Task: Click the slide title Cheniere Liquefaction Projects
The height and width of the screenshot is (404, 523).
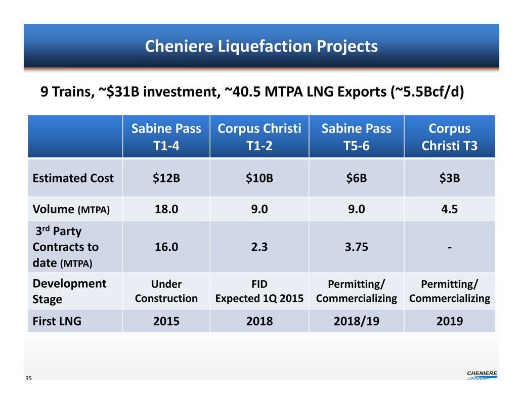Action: click(261, 47)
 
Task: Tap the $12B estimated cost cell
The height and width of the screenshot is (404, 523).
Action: click(166, 178)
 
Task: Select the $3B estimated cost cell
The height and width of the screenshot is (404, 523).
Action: click(450, 178)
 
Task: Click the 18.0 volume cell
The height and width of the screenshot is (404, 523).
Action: click(166, 209)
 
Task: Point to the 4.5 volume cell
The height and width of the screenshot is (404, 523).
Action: click(450, 209)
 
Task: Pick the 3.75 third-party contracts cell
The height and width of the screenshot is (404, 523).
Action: click(356, 247)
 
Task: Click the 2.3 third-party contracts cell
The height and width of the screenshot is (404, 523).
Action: click(259, 247)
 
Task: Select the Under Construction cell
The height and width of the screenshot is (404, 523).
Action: click(166, 291)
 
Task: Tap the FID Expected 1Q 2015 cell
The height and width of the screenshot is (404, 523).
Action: click(259, 291)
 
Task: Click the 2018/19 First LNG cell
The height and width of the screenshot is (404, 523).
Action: click(356, 320)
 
